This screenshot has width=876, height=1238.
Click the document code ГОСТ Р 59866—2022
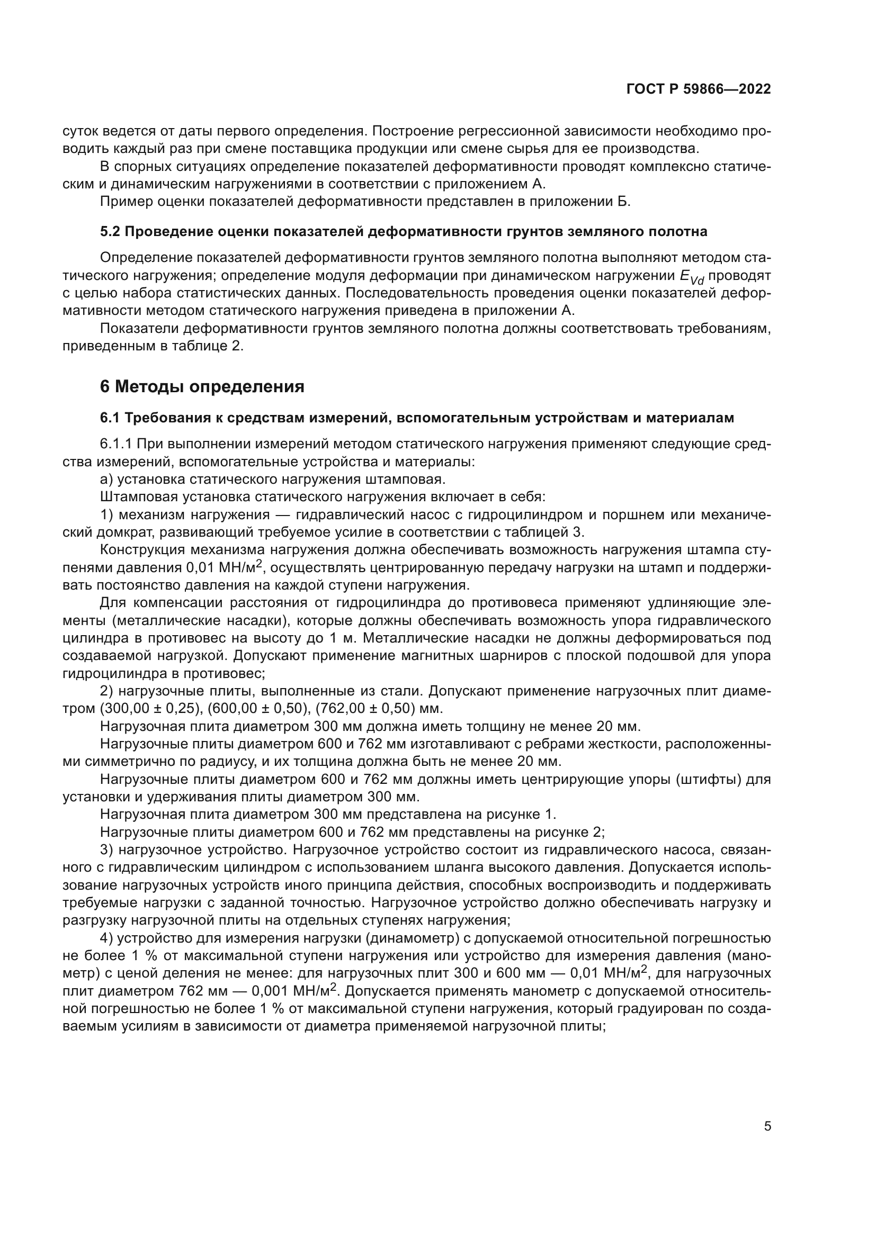(699, 89)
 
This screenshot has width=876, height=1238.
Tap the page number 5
(767, 1126)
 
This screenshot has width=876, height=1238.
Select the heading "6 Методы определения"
(202, 386)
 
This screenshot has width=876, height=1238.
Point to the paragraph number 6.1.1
(115, 444)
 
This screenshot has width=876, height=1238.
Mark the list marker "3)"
(106, 850)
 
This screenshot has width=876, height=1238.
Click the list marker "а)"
(106, 480)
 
